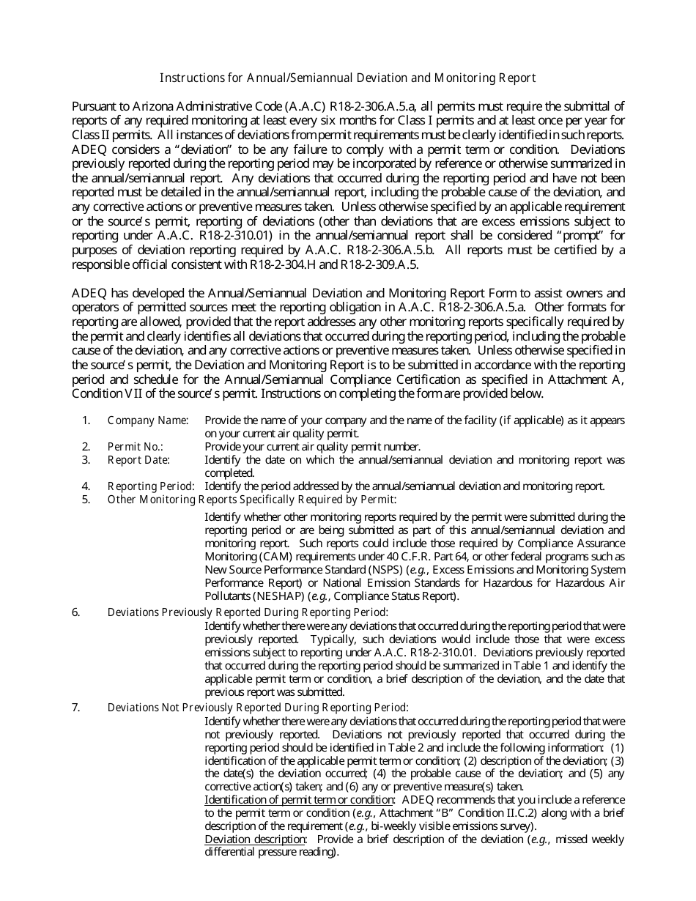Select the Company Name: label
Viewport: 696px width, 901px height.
[x=147, y=420]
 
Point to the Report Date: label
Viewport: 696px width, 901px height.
[x=138, y=460]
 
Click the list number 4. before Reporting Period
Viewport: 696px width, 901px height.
[x=86, y=486]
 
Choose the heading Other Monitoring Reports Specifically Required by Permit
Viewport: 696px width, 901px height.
[x=251, y=500]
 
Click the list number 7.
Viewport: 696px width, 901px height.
[x=75, y=708]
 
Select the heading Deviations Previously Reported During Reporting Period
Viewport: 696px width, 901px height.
[x=248, y=612]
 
